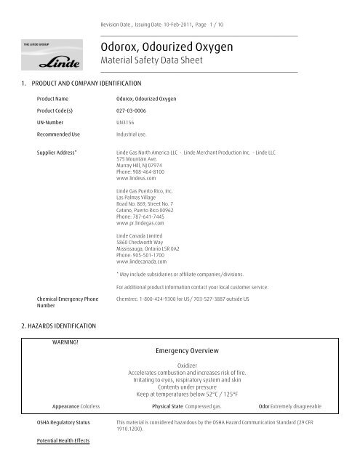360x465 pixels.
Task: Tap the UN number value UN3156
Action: tap(127, 124)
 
